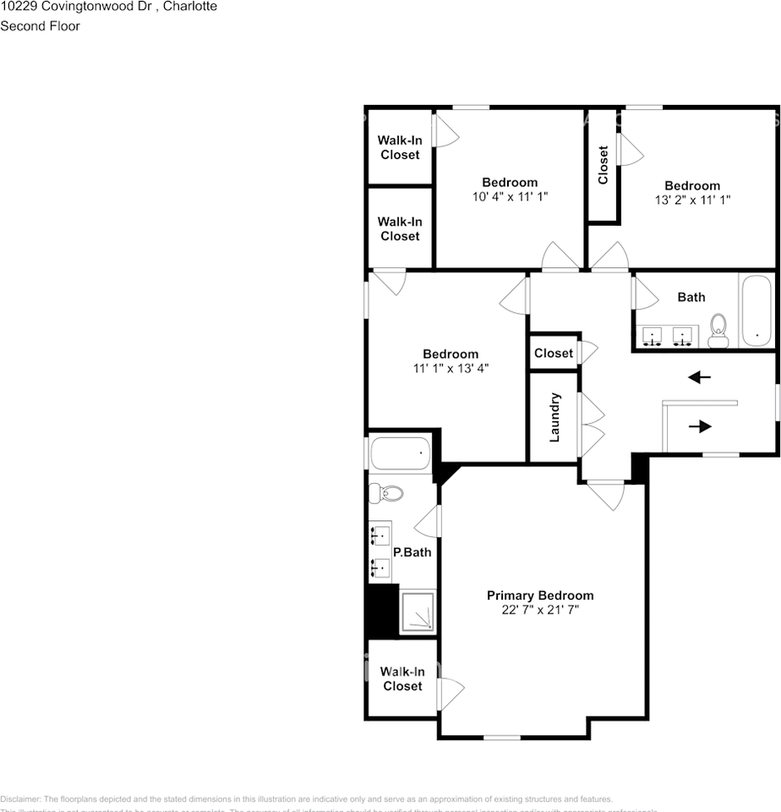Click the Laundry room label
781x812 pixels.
point(555,417)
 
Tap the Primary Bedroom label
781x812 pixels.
point(540,595)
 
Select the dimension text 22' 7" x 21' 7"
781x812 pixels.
point(540,610)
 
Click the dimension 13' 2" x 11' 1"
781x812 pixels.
point(692,200)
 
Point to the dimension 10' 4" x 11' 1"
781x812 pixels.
point(510,197)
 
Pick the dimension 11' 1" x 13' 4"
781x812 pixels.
point(451,368)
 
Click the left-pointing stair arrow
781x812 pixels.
point(700,377)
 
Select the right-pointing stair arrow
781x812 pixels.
point(700,426)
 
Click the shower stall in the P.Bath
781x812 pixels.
point(418,612)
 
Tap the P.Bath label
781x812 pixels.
point(412,552)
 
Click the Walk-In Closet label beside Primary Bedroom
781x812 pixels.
point(402,678)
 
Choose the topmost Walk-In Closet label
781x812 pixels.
point(400,147)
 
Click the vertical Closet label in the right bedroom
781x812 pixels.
point(603,166)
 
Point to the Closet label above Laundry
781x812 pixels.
point(554,353)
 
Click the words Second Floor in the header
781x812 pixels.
point(41,26)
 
